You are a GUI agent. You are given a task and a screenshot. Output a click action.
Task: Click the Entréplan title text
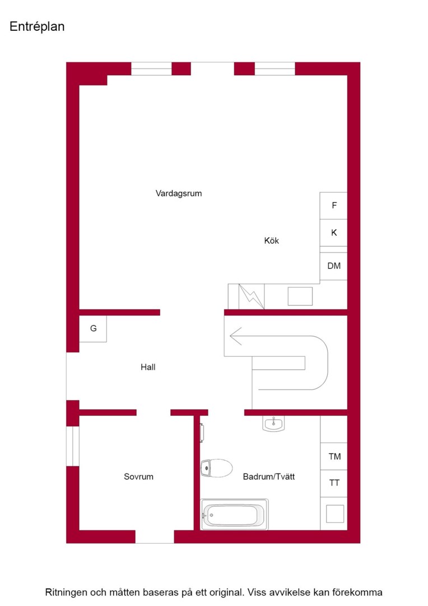(37, 27)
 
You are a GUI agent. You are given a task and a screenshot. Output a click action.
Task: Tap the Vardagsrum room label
(179, 193)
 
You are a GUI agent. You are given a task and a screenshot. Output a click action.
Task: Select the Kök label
(271, 240)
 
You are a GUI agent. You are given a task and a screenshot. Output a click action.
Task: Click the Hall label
(148, 367)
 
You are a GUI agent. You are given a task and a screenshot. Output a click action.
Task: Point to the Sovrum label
(138, 476)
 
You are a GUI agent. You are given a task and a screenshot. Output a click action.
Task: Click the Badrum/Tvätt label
(268, 476)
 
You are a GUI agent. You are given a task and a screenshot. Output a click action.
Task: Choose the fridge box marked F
(333, 205)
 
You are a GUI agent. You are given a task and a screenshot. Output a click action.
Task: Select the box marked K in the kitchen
(333, 233)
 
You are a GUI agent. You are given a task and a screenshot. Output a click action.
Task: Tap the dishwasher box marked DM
(333, 267)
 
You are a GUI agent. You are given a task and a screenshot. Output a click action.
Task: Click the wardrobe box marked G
(93, 328)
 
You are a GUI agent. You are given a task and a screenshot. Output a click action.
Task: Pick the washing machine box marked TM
(334, 456)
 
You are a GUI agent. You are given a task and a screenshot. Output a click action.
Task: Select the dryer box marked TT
(334, 483)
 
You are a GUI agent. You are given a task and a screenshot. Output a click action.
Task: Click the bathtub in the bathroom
(234, 515)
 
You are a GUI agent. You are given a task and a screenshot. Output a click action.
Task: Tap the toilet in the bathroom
(216, 469)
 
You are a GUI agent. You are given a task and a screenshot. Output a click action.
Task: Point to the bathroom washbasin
(273, 424)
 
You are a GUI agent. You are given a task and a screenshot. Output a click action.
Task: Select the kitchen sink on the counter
(300, 296)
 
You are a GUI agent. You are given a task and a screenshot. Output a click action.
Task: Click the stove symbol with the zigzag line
(252, 296)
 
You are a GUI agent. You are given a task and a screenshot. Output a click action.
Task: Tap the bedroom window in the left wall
(73, 446)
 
